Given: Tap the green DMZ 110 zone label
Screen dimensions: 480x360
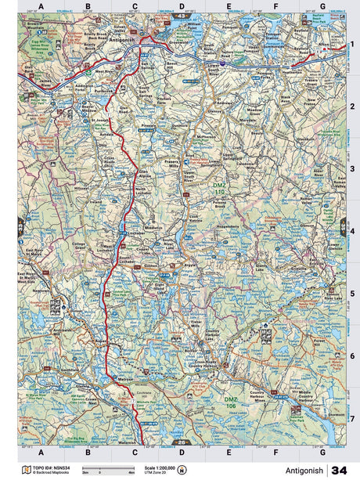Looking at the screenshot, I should point(220,188).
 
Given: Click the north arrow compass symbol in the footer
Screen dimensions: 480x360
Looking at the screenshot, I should point(182,470).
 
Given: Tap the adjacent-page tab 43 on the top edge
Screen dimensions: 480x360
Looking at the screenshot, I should point(182,16).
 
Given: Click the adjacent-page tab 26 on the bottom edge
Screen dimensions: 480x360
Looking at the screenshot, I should point(182,443).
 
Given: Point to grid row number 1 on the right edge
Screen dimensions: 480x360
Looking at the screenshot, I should point(352,45).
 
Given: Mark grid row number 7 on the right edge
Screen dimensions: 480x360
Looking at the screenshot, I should point(352,418).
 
